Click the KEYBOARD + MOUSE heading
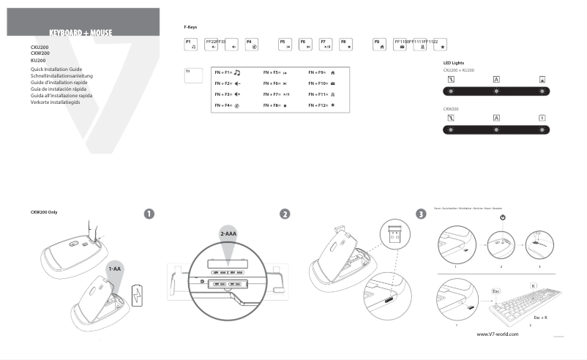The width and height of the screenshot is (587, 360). (x=81, y=34)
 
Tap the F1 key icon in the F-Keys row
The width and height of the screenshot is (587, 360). (x=191, y=44)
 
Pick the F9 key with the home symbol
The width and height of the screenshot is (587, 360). (x=380, y=44)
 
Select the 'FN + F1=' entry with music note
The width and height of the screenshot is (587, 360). (x=228, y=73)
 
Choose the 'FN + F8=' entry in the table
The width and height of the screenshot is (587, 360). (x=274, y=105)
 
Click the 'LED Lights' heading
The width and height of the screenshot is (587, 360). (x=454, y=63)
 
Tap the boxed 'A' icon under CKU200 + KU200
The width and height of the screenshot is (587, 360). (x=496, y=78)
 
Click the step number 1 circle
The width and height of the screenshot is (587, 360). (x=149, y=214)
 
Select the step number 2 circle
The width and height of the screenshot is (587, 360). (x=285, y=214)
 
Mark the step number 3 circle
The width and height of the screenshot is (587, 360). (x=420, y=214)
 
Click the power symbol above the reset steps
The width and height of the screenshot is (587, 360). (x=503, y=217)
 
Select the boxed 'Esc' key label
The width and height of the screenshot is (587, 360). (x=475, y=290)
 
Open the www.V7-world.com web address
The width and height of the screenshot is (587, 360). (x=497, y=334)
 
